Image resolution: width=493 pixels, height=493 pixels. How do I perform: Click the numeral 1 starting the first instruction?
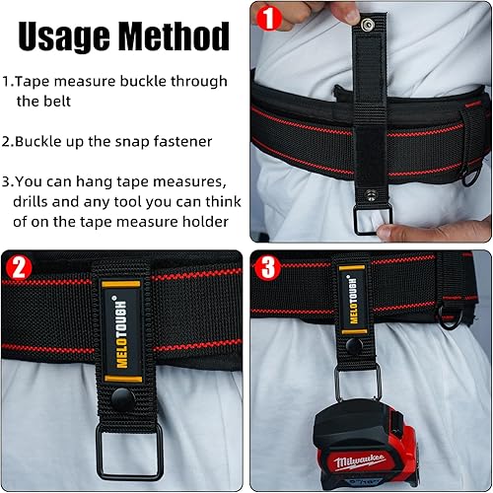coord(6,81)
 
